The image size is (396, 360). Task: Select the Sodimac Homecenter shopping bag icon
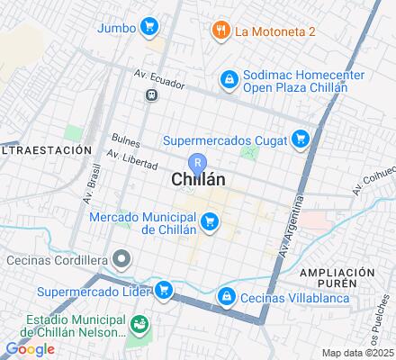(x=229, y=80)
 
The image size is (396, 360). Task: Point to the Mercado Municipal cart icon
(x=210, y=220)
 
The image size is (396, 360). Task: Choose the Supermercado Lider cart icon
(x=163, y=290)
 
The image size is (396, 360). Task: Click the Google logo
(x=30, y=349)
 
